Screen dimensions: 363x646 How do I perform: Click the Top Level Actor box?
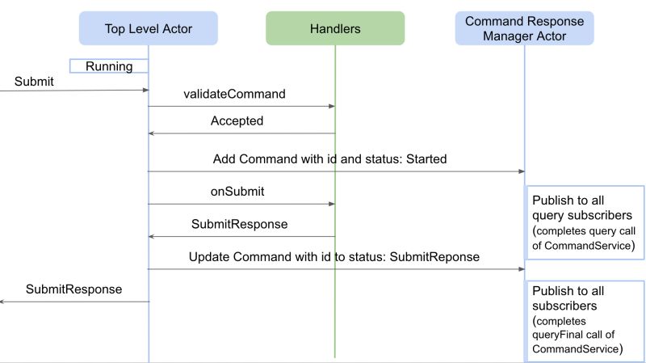point(149,28)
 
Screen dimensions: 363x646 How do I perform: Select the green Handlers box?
point(335,28)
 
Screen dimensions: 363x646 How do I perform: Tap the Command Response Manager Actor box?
point(524,28)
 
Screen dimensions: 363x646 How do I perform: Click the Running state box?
point(109,66)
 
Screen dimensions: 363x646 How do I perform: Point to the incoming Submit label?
point(34,81)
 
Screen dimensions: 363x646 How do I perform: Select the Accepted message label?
point(237,121)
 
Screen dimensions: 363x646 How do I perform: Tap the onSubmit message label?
point(237,192)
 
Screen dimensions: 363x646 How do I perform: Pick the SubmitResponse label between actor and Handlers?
point(239,224)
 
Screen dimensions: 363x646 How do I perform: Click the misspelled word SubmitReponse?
point(435,257)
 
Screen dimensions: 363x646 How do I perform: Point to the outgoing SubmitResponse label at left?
point(73,289)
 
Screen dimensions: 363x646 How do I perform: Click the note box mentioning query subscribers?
point(585,222)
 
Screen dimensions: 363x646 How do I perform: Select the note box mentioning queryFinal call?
point(585,319)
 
